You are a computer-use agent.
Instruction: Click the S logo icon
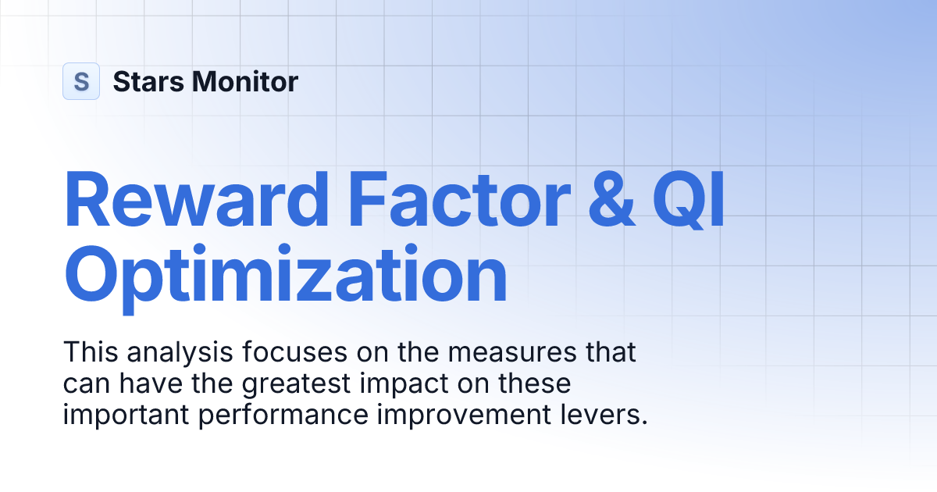81,81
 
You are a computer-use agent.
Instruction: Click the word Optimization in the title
286,275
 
